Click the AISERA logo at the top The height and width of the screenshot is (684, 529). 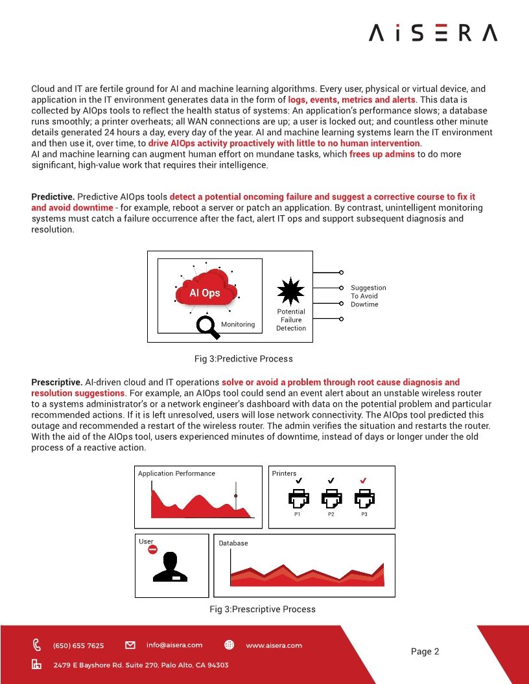coord(433,33)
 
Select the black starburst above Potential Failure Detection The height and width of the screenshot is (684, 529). coord(290,291)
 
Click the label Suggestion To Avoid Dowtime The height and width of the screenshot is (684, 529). coord(368,296)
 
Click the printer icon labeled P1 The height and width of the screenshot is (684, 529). coord(298,498)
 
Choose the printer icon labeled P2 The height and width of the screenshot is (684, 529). coord(331,498)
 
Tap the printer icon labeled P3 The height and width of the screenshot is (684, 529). coord(364,498)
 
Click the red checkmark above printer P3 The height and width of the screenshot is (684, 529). coord(364,481)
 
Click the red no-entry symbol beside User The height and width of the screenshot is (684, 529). coord(153,549)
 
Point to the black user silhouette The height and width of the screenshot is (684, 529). coord(170,568)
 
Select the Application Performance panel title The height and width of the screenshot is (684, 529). coord(176,473)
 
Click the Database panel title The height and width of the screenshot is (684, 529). coord(233,543)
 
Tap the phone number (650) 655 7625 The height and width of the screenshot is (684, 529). coord(78,645)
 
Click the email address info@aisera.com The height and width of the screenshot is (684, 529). coord(174,645)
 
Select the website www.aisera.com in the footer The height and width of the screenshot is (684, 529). coord(274,645)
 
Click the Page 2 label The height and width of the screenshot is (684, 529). coord(425,652)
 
